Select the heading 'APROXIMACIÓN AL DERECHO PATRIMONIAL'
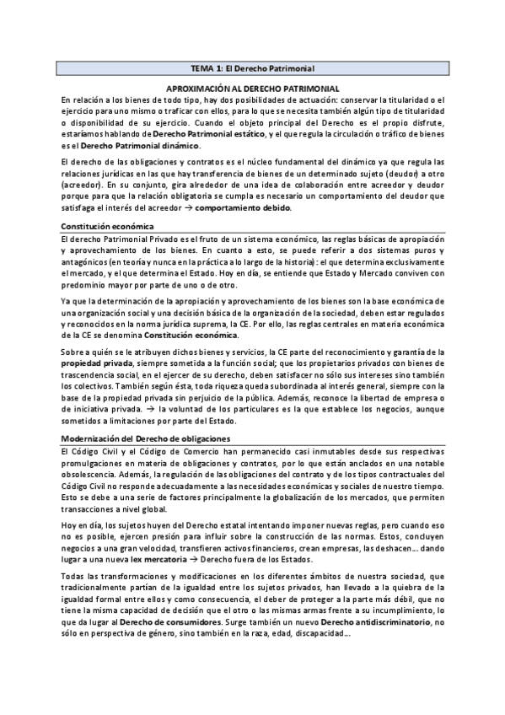tap(252, 88)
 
